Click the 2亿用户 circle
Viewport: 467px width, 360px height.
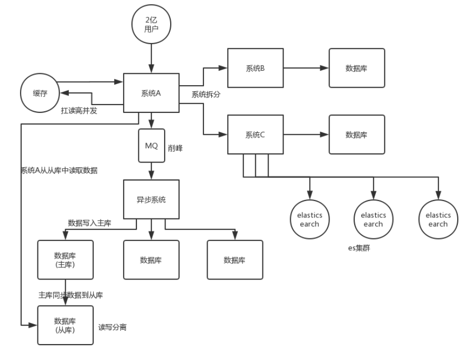tap(151, 24)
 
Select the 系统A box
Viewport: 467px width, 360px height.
tap(151, 93)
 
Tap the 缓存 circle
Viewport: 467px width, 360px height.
tap(40, 94)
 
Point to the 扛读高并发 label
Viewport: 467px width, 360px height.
tap(79, 110)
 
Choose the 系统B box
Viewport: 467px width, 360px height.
tap(255, 68)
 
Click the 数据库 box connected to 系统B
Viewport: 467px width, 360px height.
tap(356, 68)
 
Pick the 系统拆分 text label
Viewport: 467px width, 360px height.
tap(206, 94)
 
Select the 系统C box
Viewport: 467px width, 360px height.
tap(255, 134)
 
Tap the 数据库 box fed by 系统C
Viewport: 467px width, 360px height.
tap(356, 134)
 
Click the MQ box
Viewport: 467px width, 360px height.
tap(151, 146)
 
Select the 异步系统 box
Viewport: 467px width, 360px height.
tap(151, 199)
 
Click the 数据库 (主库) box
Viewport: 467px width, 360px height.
tap(65, 259)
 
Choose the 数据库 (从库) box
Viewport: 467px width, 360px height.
tap(65, 325)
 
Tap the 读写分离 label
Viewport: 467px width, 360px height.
tap(113, 327)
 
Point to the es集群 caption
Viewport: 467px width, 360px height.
tap(360, 248)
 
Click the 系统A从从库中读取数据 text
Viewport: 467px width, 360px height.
tap(58, 171)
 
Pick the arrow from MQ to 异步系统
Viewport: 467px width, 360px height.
tap(151, 171)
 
